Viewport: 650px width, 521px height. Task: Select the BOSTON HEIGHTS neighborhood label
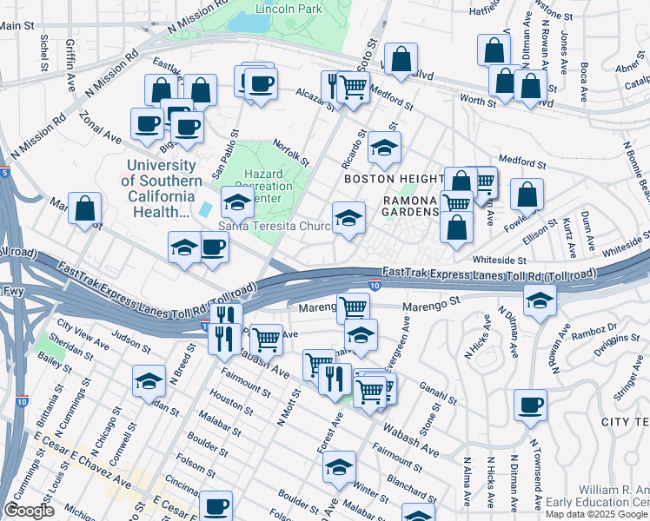394,178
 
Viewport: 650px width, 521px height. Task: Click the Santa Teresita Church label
274,227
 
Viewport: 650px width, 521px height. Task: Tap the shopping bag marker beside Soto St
401,60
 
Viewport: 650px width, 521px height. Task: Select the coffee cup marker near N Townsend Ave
530,406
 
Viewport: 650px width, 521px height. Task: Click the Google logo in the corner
29,510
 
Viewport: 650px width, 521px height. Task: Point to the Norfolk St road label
291,148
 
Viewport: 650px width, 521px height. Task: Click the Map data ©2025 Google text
596,513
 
